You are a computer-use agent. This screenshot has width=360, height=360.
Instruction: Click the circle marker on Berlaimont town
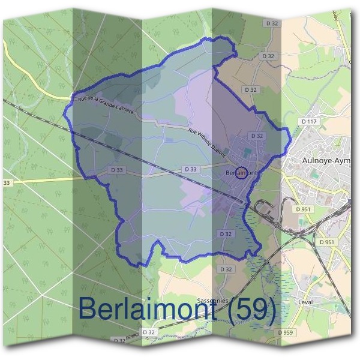[x=240, y=173]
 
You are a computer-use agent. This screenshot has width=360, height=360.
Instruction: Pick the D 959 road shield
[x=286, y=332]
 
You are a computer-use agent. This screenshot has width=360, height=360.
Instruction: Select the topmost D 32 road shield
[x=272, y=23]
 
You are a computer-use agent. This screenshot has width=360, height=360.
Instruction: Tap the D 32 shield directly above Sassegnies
[x=226, y=269]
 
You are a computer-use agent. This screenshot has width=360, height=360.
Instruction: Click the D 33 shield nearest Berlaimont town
[x=190, y=170]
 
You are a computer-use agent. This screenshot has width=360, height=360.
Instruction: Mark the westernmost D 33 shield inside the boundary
[x=117, y=170]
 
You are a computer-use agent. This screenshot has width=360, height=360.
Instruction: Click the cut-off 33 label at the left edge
[x=7, y=182]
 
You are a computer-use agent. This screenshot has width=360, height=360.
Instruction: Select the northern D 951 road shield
[x=302, y=209]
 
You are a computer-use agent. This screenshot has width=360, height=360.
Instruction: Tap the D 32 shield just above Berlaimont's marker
[x=257, y=136]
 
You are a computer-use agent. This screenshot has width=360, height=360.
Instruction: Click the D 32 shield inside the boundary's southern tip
[x=226, y=233]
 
